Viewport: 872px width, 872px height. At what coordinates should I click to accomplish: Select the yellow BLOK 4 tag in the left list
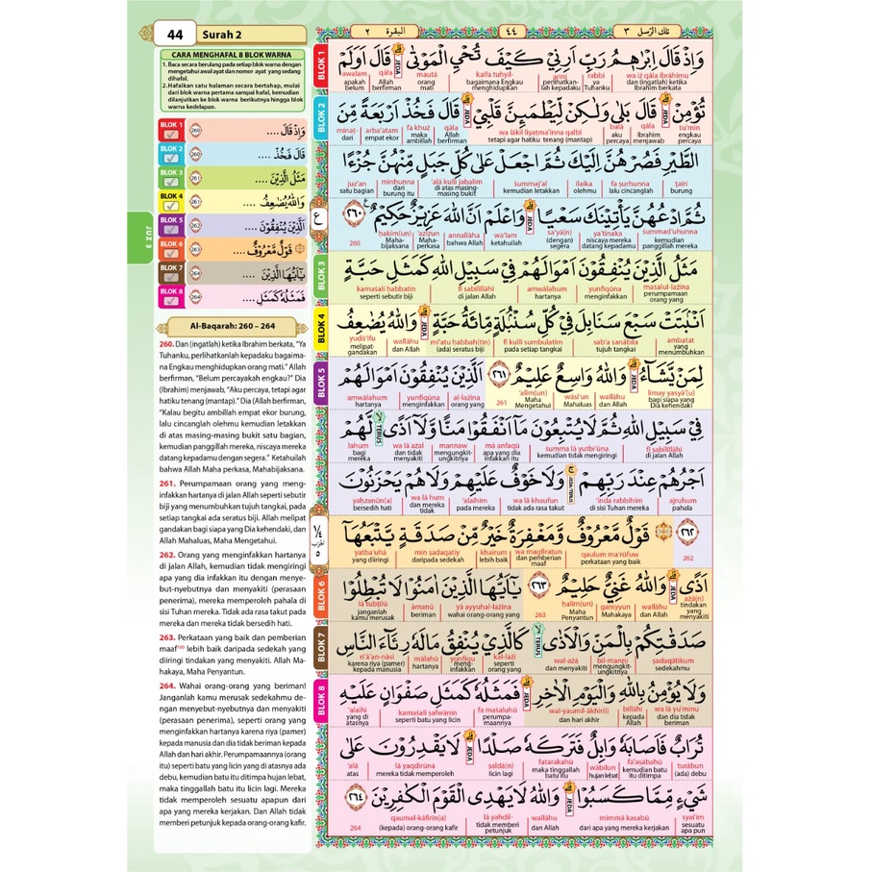[170, 196]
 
